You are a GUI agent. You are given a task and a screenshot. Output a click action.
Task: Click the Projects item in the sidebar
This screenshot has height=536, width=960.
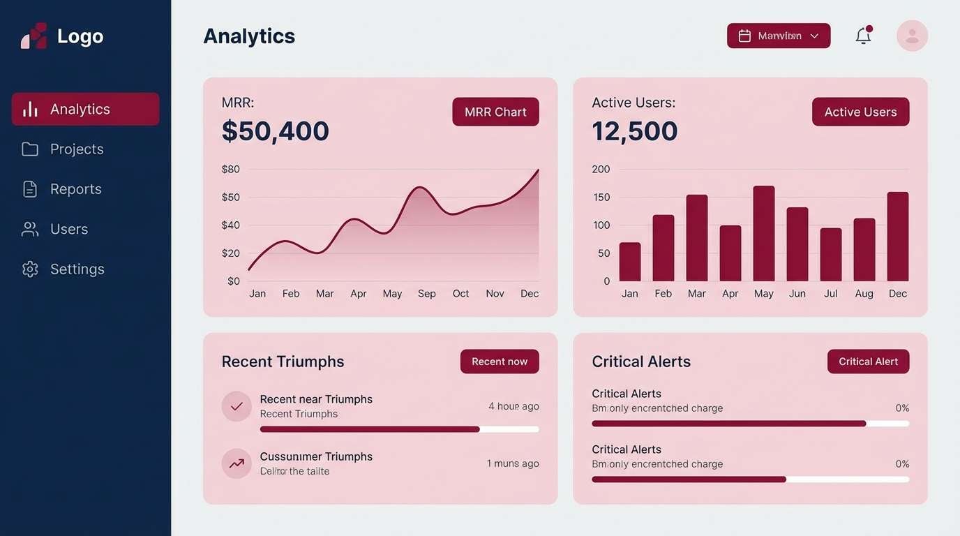76,149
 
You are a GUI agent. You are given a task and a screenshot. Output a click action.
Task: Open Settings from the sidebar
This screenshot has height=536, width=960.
77,269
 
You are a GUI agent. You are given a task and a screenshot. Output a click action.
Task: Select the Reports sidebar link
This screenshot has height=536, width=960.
75,189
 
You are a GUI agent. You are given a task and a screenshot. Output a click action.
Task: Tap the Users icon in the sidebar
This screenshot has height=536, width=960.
30,229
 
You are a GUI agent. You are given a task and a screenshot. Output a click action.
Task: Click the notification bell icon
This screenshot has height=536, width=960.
863,36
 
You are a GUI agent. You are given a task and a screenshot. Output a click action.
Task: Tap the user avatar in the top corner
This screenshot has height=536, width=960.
912,36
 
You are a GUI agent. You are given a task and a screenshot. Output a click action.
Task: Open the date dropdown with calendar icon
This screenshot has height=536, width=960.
779,36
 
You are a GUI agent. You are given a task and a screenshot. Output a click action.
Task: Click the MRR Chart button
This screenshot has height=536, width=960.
495,112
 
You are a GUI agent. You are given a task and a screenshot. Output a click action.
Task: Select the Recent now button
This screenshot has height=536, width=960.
500,362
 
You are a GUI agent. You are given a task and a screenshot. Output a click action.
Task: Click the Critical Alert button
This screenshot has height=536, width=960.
868,362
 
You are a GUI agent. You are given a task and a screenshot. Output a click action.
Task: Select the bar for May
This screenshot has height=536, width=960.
764,234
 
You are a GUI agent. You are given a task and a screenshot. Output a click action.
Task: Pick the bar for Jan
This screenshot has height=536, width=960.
630,262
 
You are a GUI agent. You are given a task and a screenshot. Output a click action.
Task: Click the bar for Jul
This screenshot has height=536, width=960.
831,255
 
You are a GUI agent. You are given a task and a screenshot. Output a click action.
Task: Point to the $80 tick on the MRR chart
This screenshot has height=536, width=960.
230,169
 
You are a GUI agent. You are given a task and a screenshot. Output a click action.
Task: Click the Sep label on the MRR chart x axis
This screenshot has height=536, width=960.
427,294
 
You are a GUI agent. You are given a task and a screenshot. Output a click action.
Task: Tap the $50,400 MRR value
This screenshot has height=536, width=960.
275,131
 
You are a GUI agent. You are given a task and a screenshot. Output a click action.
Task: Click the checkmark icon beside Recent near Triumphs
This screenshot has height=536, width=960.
237,406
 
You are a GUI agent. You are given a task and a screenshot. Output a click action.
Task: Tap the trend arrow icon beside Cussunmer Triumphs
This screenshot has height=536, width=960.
237,463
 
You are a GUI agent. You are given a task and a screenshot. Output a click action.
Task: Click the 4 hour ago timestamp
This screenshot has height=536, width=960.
513,406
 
